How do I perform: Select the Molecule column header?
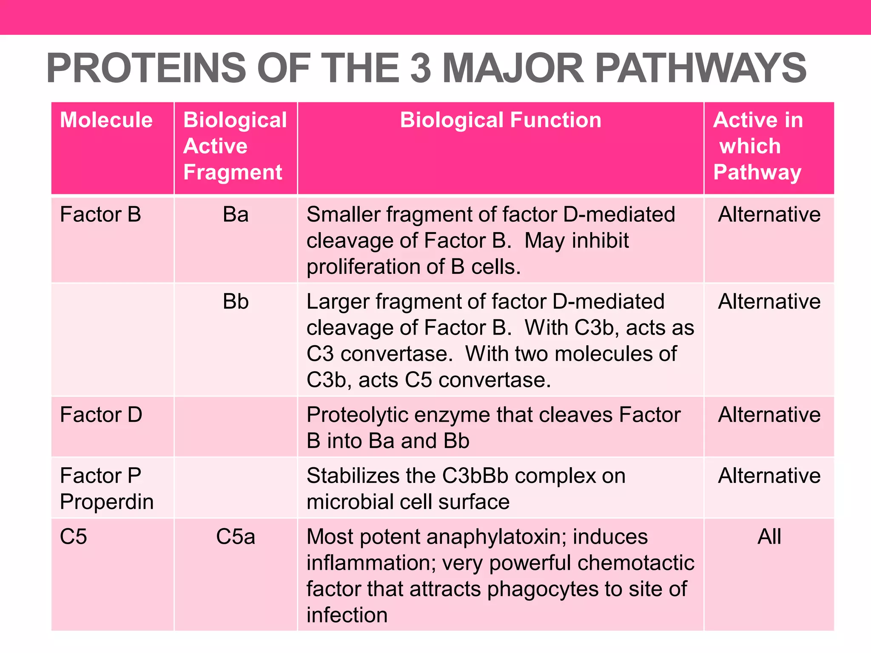[106, 120]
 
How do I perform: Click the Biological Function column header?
[501, 120]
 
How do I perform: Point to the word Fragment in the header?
[233, 172]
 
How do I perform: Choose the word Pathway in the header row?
[757, 172]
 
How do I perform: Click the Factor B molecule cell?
[100, 214]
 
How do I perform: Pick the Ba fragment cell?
[236, 214]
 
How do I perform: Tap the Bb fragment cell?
[236, 302]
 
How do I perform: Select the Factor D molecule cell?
[101, 415]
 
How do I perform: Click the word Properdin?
[107, 502]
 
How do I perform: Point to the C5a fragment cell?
[236, 537]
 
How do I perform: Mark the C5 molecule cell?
[74, 537]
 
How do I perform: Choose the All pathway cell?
[769, 537]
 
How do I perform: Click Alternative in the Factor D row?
[769, 415]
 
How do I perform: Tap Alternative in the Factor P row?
[769, 476]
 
